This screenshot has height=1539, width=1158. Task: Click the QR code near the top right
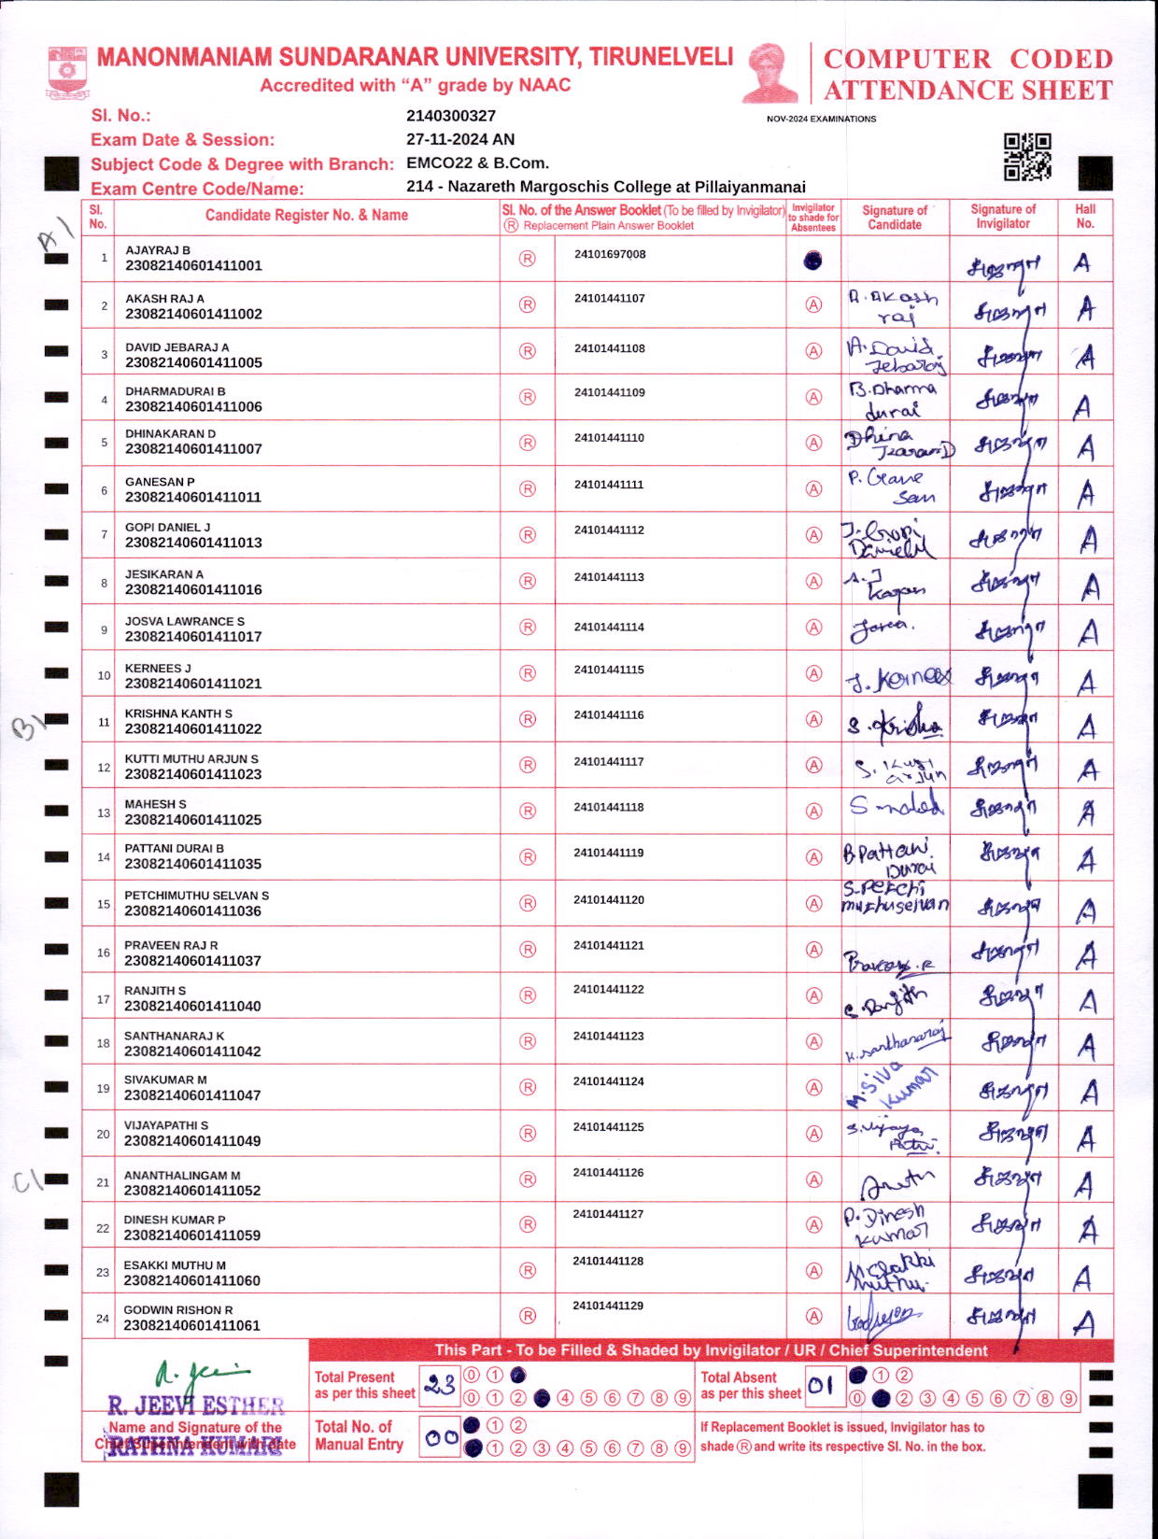coord(1027,156)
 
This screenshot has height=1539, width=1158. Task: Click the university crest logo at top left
coord(67,73)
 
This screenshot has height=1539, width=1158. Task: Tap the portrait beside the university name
coord(771,73)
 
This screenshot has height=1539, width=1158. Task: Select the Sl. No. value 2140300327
coord(451,116)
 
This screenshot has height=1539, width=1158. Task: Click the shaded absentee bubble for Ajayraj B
coord(812,261)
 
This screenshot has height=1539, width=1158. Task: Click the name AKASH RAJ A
coord(164,299)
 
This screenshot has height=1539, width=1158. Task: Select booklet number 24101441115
coord(609,670)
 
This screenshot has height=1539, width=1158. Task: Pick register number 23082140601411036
coord(193,911)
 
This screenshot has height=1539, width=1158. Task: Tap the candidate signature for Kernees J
coord(897,678)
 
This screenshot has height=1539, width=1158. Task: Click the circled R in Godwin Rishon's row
coord(528,1316)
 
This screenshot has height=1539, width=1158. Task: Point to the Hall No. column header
coord(1085,216)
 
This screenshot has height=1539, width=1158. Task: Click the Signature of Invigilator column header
coord(1003,216)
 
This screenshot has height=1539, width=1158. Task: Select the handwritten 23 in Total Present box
coord(439,1386)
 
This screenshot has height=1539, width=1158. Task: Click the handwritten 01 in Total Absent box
coord(820,1386)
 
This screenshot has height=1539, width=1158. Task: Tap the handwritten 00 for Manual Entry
coord(440,1438)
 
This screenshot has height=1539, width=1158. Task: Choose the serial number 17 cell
coord(104,998)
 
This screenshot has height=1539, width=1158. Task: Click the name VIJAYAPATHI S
coord(166,1125)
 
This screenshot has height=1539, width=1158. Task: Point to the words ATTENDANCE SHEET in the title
coord(967,91)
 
